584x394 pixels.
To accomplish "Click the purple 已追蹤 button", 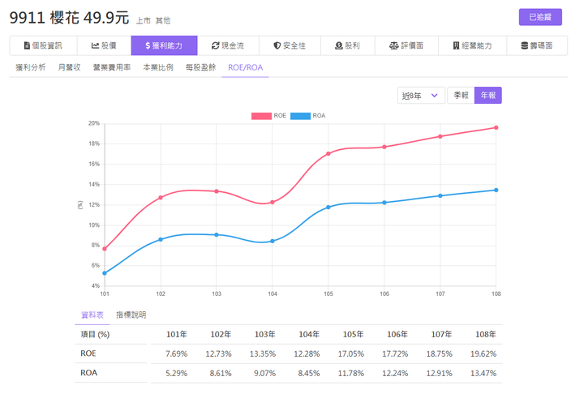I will click(539, 17).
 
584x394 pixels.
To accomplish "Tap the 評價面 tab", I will click(406, 46).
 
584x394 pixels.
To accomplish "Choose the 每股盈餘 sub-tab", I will click(200, 67).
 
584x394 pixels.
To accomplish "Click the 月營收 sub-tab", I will click(69, 67).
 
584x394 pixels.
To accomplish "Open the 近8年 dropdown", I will click(422, 96).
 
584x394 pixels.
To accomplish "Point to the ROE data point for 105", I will click(328, 153).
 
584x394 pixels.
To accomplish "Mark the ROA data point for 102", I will click(161, 239).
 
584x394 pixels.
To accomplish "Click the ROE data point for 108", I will click(496, 127).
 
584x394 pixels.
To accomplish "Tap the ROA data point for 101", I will click(105, 273).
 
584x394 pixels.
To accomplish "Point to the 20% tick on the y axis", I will click(94, 123).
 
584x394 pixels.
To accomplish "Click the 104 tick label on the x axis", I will click(273, 293).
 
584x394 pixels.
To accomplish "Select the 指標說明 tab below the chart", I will click(131, 315).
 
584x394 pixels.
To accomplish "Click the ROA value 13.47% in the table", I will click(485, 374).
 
